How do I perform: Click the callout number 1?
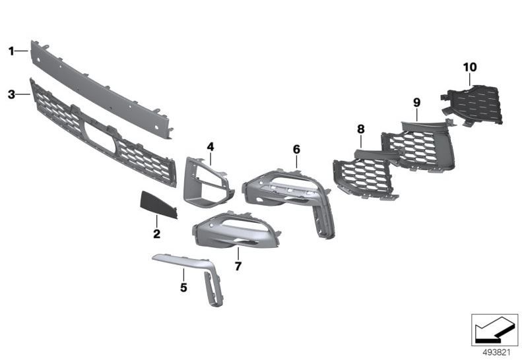pos(11,51)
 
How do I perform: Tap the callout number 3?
pos(11,95)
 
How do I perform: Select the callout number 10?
pos(470,67)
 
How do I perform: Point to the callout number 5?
pos(183,287)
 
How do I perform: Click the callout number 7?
pos(238,266)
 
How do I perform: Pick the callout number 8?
pos(361,129)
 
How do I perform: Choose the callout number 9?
pos(417,102)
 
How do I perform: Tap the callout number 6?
pos(296,150)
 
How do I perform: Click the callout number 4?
pos(211,147)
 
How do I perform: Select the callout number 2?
pos(156,234)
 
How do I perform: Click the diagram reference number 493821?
pos(496,352)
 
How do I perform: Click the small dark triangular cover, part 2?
pos(158,205)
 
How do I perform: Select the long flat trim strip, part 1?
pos(100,89)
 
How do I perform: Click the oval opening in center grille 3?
pos(99,137)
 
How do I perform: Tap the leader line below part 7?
pos(238,254)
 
